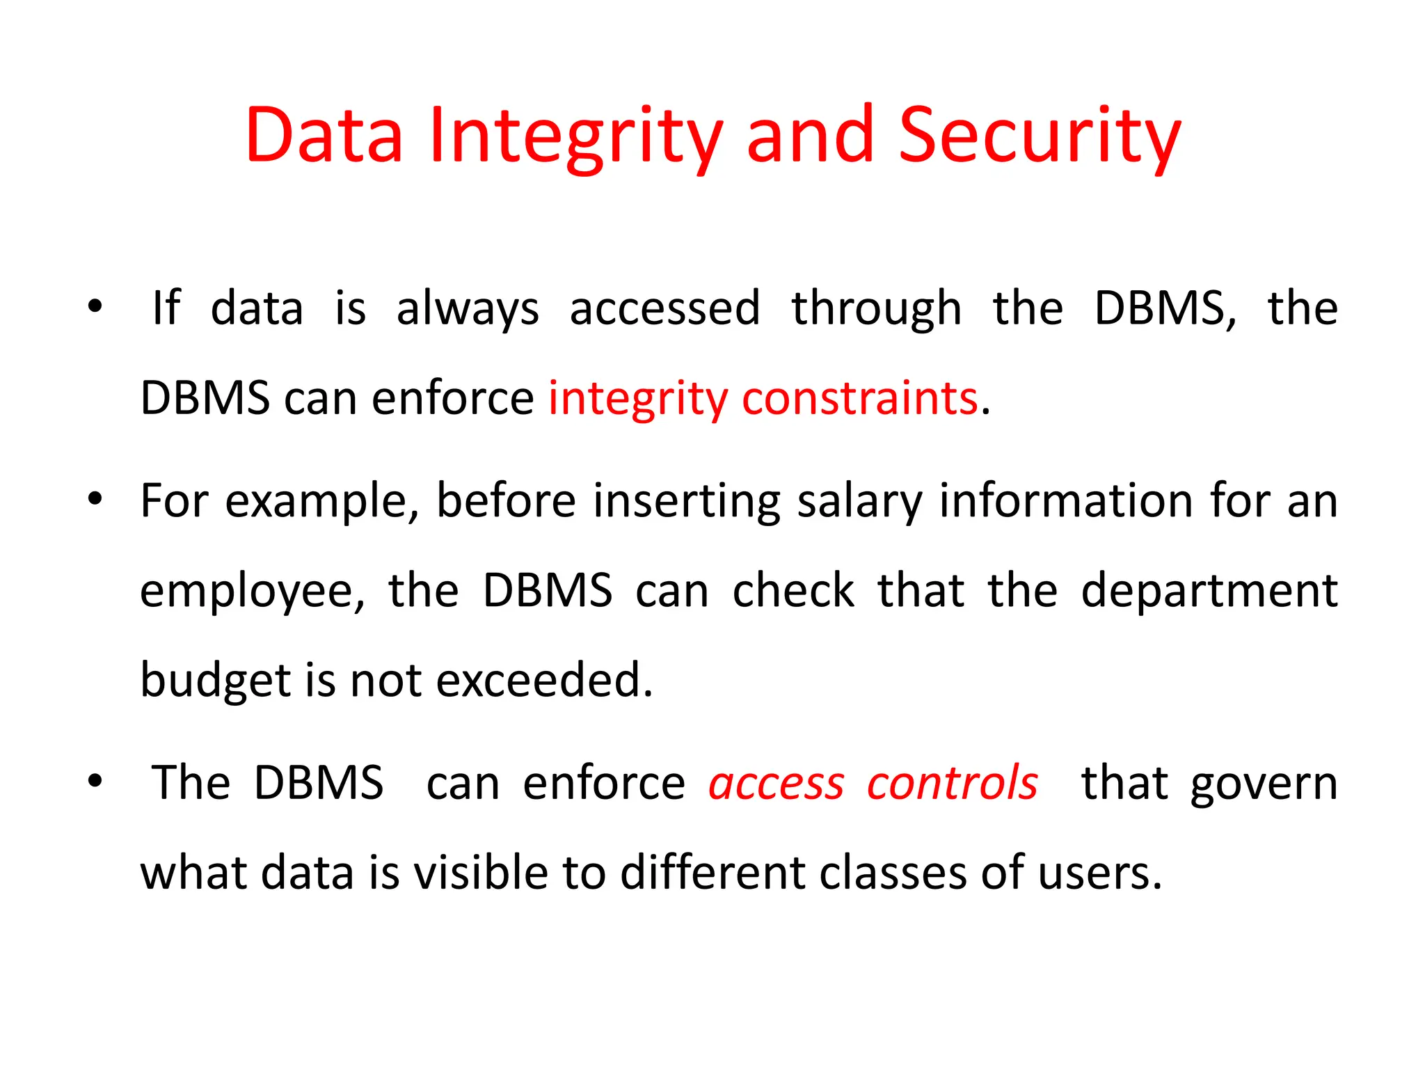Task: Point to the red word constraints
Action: pyautogui.click(x=860, y=399)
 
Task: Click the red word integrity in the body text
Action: pyautogui.click(x=637, y=400)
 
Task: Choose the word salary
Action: pyautogui.click(x=860, y=502)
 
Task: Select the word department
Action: pyautogui.click(x=1209, y=590)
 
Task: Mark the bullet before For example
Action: pyautogui.click(x=95, y=498)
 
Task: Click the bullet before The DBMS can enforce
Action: pyautogui.click(x=95, y=780)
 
